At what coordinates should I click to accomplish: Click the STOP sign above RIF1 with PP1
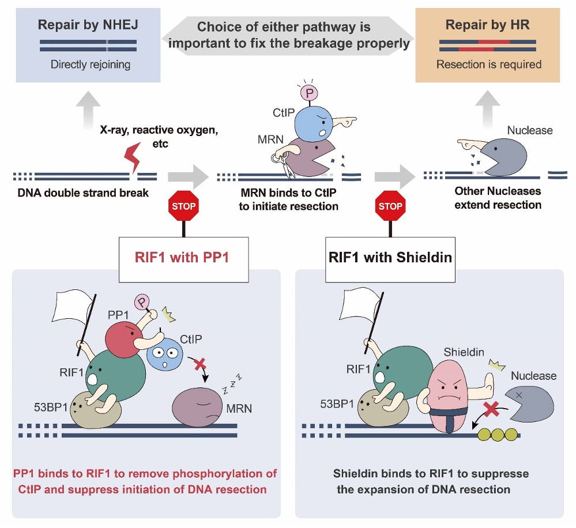183,206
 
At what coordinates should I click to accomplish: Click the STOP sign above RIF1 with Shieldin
390,206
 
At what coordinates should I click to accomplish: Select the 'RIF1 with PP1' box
183,257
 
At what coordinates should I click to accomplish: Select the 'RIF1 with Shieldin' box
390,257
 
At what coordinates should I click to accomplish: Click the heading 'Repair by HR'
488,25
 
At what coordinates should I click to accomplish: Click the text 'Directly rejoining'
90,65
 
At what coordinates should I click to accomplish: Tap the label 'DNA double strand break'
83,193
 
